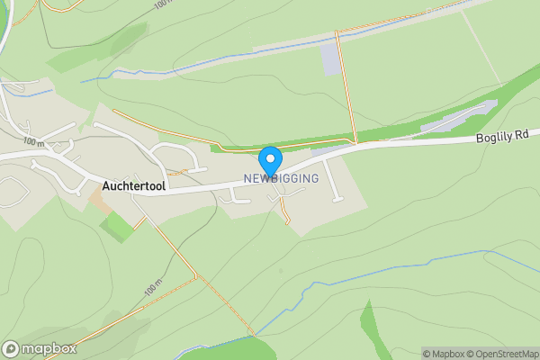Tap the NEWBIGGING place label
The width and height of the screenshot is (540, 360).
tap(281, 179)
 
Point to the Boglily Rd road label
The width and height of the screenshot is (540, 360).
tap(501, 139)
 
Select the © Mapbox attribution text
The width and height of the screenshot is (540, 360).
tap(445, 354)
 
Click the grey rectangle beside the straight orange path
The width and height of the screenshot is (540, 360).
tap(332, 60)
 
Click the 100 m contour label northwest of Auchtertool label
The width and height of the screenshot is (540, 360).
tap(34, 142)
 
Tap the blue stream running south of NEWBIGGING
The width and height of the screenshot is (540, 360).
tap(306, 290)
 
